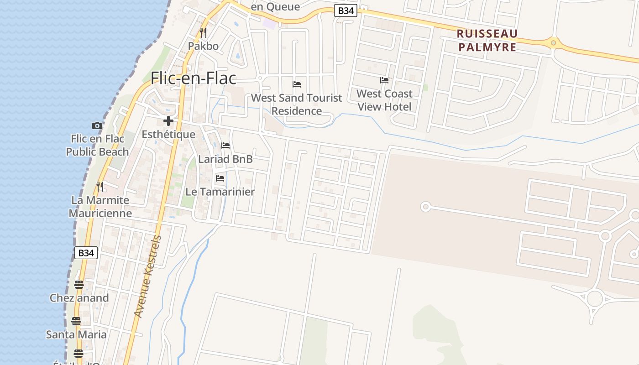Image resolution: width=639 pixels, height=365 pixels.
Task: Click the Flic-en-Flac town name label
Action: (194, 78)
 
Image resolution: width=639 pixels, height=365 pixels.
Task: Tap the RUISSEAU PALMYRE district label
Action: (487, 40)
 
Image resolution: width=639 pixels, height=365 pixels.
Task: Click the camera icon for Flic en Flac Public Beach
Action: (97, 125)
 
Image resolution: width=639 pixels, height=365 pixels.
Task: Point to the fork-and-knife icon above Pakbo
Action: (203, 33)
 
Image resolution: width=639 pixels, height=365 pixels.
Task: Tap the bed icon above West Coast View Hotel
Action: (384, 80)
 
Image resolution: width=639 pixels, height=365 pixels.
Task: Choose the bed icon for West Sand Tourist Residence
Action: (297, 84)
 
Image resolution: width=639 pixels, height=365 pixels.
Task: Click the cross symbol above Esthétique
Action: (168, 121)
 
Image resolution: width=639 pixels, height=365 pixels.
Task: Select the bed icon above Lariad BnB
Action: (225, 146)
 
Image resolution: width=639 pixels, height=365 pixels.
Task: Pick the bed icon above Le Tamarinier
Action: (220, 178)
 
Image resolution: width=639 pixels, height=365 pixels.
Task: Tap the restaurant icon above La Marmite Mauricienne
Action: (100, 186)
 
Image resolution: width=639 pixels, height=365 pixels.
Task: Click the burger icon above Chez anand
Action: (79, 285)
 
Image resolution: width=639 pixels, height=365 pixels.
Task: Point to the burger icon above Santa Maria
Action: (76, 321)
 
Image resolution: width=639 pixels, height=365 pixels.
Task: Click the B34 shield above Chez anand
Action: (86, 253)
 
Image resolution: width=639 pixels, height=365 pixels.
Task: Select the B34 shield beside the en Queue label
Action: (345, 11)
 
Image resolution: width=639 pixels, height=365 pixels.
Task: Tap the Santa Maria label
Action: (76, 334)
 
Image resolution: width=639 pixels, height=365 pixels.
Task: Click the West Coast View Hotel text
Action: (384, 100)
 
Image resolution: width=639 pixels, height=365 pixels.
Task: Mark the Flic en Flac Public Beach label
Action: (97, 145)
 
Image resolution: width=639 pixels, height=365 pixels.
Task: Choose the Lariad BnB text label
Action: (225, 159)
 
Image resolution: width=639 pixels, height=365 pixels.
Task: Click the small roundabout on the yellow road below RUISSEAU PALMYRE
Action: (553, 43)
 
